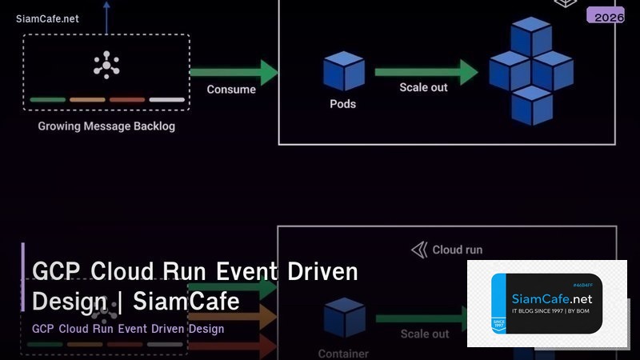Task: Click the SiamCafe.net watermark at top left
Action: coord(47,18)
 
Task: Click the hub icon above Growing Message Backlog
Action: coord(106,65)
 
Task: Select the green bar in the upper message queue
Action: coord(47,100)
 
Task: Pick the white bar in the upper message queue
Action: coord(166,100)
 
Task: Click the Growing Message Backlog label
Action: coord(106,126)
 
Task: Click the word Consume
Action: coord(231,90)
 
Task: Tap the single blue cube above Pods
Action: coord(343,70)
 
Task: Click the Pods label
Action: coord(342,104)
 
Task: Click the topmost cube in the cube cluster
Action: coord(531,37)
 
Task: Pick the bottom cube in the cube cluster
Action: coord(531,106)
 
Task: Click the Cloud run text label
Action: coord(457,250)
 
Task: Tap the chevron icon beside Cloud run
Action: coord(419,250)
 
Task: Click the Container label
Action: coord(343,353)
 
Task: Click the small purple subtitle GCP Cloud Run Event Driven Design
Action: coord(128,329)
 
